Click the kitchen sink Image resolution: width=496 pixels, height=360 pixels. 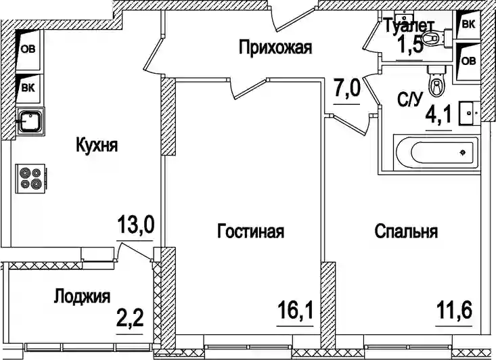(x=30, y=120)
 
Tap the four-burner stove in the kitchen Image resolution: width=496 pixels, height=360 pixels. (x=30, y=178)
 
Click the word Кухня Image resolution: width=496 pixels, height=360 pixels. (x=97, y=146)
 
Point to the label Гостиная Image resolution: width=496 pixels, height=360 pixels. (x=251, y=231)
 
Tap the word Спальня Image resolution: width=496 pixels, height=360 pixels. (x=407, y=231)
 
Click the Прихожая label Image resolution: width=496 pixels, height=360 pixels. (x=275, y=48)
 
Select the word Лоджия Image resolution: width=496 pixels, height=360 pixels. (x=83, y=297)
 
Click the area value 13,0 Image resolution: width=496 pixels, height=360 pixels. (x=135, y=224)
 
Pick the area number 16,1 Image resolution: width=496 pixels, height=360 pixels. (x=295, y=311)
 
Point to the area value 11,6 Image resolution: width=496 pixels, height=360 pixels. (x=454, y=310)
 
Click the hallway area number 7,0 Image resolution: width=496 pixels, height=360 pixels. (x=346, y=88)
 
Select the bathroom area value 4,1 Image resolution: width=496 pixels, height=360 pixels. (x=438, y=116)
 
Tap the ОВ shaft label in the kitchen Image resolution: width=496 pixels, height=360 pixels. (x=28, y=49)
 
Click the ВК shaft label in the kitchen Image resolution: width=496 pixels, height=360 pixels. (x=28, y=87)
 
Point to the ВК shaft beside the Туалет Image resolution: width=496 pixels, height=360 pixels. (x=468, y=24)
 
